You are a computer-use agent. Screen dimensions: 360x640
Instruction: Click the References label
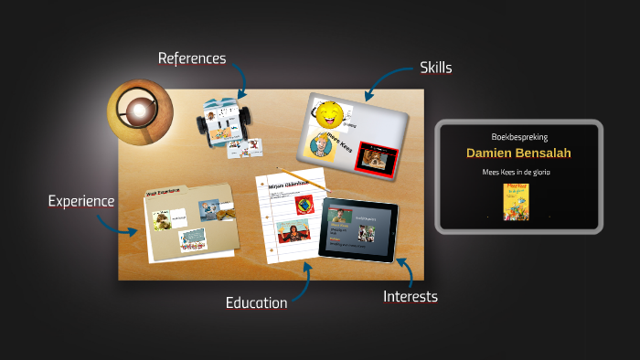[x=191, y=58]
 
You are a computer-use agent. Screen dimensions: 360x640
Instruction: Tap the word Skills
[x=436, y=68]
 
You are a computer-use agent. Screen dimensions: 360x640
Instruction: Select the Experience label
[x=81, y=201]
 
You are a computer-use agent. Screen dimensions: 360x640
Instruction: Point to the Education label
[x=257, y=302]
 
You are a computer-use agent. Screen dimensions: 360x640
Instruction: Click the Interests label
[x=410, y=296]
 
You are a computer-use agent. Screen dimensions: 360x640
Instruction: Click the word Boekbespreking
[x=518, y=136]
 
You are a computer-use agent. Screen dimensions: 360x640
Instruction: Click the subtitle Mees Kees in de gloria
[x=518, y=172]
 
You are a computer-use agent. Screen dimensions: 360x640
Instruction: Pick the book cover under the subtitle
[x=517, y=200]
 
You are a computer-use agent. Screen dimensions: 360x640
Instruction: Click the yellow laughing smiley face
[x=330, y=115]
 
